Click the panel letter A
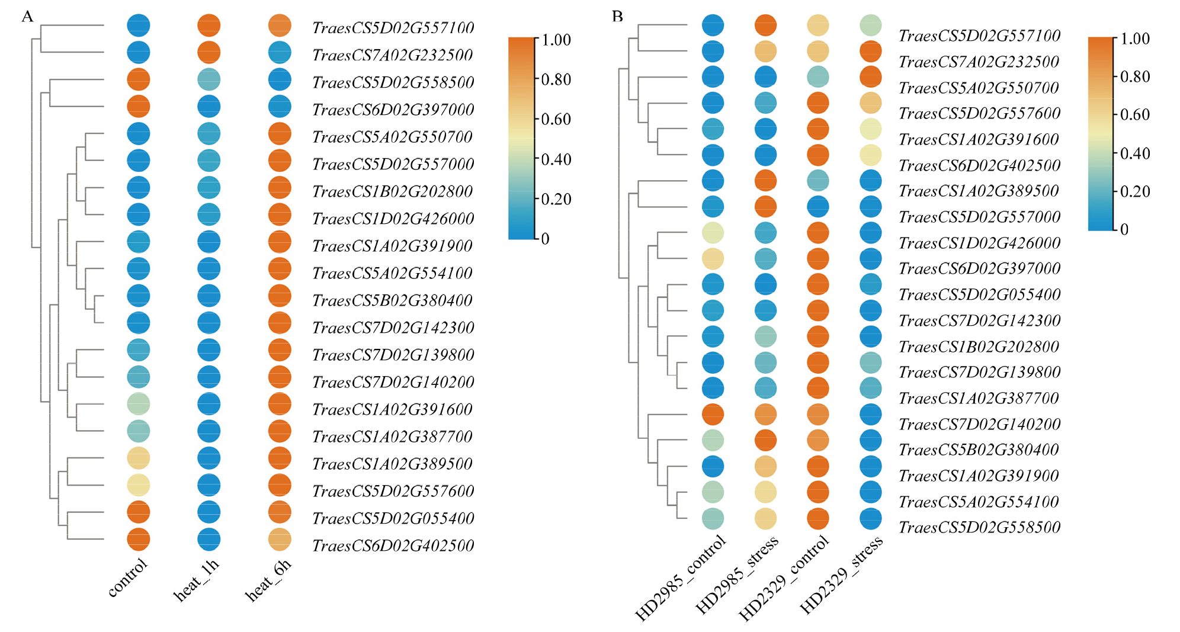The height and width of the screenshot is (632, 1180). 27,17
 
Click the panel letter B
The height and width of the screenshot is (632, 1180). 617,17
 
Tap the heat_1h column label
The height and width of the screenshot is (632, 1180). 196,580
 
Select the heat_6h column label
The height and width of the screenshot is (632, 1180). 268,580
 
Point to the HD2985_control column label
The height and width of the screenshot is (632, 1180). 681,578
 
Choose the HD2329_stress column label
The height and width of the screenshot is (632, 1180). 841,574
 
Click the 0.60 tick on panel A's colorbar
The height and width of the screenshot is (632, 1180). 556,119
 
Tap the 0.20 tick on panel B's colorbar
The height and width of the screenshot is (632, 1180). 1135,191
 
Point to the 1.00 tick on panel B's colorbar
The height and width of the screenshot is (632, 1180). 1135,39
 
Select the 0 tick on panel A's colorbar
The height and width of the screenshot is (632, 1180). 546,239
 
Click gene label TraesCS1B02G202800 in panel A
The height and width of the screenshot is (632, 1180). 393,191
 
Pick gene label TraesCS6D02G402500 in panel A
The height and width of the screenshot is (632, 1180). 393,546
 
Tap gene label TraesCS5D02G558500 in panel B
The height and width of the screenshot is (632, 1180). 980,527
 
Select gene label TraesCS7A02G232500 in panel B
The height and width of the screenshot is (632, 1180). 979,62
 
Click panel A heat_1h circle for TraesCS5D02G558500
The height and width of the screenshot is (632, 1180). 209,79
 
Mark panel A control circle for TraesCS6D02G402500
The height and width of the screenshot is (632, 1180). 139,539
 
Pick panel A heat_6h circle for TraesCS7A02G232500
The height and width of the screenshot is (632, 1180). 280,52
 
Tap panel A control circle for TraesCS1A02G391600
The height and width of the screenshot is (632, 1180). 139,403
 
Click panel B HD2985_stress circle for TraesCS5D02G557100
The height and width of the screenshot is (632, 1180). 765,25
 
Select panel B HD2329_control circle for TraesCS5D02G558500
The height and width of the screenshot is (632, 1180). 818,518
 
